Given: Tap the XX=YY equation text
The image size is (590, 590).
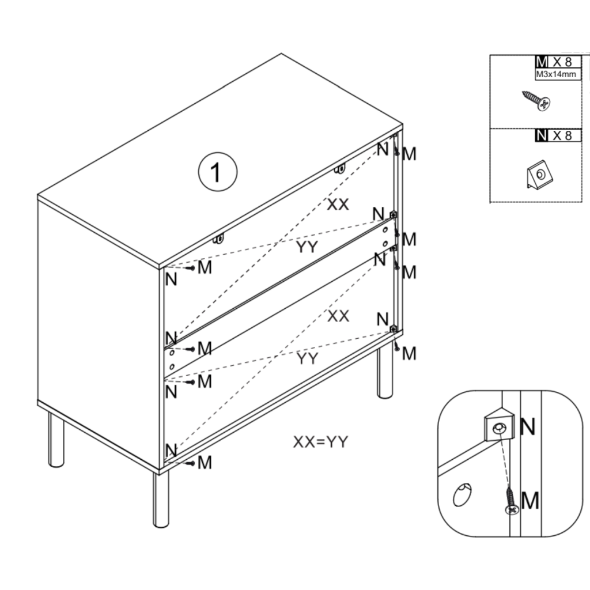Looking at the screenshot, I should click(320, 442).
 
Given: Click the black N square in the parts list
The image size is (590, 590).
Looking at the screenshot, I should click(541, 136).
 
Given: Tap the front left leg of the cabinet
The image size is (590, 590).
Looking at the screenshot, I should click(56, 440).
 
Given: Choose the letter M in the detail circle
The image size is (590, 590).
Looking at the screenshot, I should click(530, 501).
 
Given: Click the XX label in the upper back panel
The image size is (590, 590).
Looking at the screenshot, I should click(338, 204).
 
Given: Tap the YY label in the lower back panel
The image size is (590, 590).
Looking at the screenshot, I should click(308, 359).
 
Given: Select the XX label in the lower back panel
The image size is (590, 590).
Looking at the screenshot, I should click(338, 316).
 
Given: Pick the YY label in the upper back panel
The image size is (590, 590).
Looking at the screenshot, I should click(308, 247).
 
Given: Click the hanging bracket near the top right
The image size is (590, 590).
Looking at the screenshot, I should click(341, 169).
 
